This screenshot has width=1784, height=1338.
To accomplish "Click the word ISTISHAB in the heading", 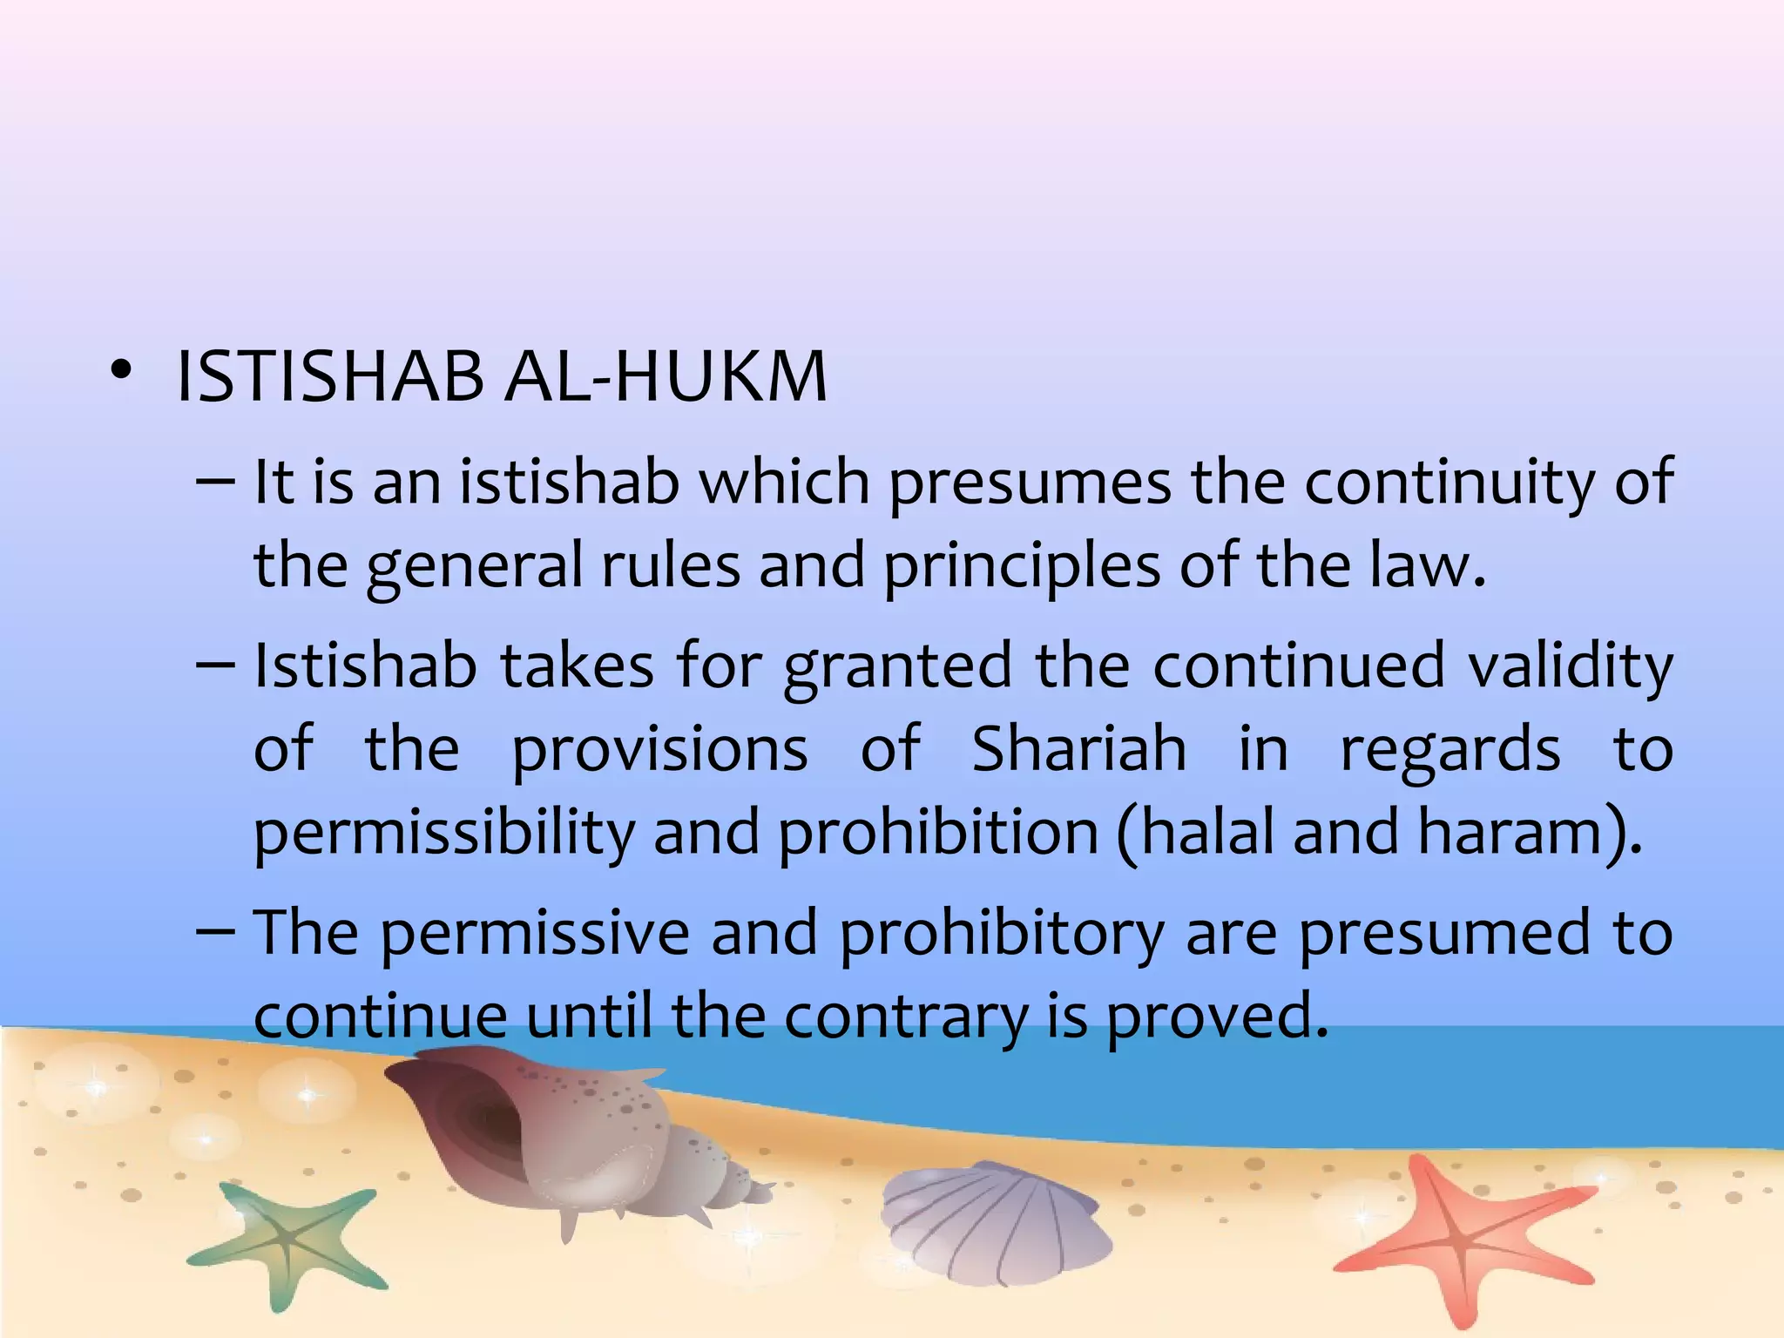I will click(x=329, y=377).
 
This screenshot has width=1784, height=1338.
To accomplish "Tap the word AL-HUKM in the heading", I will click(x=666, y=377).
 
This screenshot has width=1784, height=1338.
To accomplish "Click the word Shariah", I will click(x=1078, y=749).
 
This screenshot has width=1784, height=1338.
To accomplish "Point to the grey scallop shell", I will click(x=993, y=1220).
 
